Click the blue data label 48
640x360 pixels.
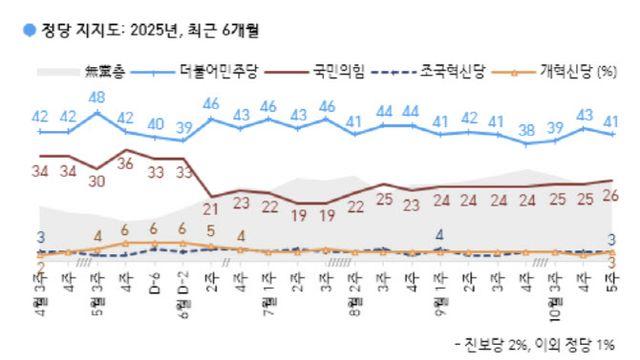pyautogui.click(x=97, y=98)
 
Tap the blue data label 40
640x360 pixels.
pyautogui.click(x=155, y=124)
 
